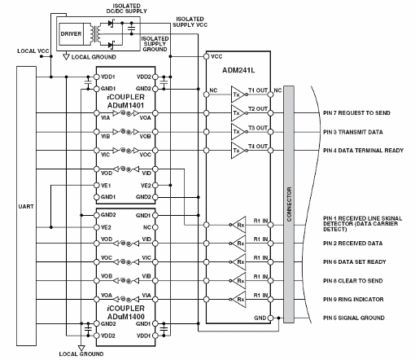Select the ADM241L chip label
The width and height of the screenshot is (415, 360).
pyautogui.click(x=240, y=70)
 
